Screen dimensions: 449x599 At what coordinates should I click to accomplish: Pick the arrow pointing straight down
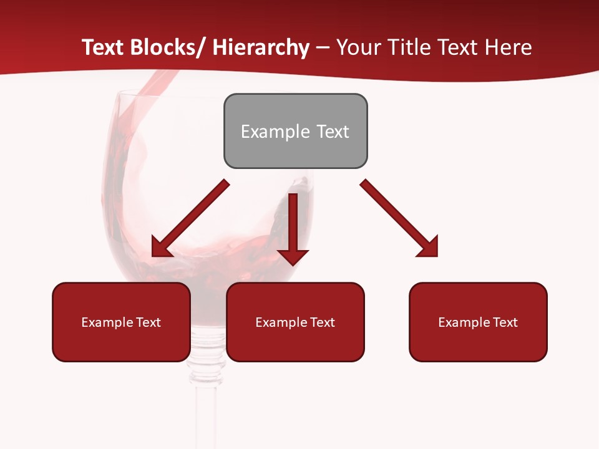pyautogui.click(x=293, y=228)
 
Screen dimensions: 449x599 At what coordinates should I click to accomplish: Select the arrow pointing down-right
pyautogui.click(x=399, y=218)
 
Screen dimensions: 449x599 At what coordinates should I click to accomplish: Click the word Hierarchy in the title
pyautogui.click(x=261, y=47)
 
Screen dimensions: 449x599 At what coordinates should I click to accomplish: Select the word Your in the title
pyautogui.click(x=360, y=47)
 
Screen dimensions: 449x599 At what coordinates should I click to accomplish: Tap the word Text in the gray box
pyautogui.click(x=333, y=132)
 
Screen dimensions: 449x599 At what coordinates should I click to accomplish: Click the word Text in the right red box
pyautogui.click(x=505, y=322)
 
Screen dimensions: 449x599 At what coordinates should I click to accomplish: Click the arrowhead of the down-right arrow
pyautogui.click(x=429, y=247)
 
